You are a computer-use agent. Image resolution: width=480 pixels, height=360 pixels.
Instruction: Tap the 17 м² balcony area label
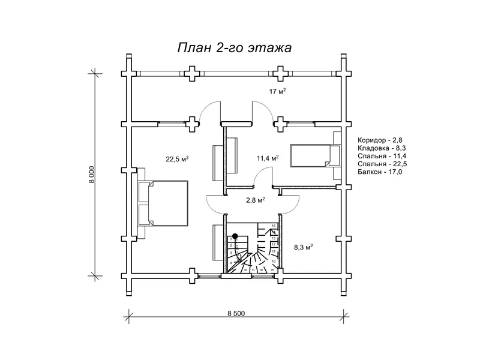(x=277, y=91)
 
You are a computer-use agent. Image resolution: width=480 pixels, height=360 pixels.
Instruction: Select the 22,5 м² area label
(x=178, y=159)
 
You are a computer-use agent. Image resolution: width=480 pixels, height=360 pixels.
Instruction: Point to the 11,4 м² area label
(x=268, y=158)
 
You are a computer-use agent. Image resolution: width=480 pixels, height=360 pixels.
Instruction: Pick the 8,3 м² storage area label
(x=304, y=246)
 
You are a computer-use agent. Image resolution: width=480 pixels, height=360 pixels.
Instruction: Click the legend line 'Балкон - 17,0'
(x=379, y=172)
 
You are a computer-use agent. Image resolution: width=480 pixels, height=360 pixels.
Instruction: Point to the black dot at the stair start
(x=236, y=236)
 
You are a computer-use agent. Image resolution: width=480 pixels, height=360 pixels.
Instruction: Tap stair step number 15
(x=274, y=226)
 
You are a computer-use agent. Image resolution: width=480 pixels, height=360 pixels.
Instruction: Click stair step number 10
(x=274, y=262)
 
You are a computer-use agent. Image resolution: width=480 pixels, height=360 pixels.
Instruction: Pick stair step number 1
(x=231, y=239)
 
